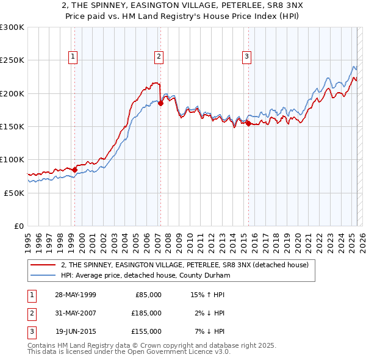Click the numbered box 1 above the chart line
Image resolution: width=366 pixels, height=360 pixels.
click(x=73, y=57)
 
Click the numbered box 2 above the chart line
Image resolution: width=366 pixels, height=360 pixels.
click(x=159, y=57)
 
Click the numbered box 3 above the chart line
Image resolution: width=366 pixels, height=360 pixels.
click(x=247, y=57)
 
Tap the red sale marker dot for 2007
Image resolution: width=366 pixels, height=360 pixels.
click(x=160, y=104)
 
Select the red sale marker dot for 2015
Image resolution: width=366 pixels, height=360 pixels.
click(x=249, y=123)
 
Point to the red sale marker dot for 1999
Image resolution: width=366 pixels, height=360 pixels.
click(x=74, y=170)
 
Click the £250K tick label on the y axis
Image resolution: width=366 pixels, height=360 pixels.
click(x=12, y=60)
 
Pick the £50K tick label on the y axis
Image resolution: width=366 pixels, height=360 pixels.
click(x=14, y=193)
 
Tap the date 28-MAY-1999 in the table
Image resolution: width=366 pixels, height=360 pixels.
click(x=75, y=295)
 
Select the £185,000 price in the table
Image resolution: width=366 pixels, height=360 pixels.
click(x=146, y=313)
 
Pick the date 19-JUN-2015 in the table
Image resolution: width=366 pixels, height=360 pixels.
click(x=75, y=331)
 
